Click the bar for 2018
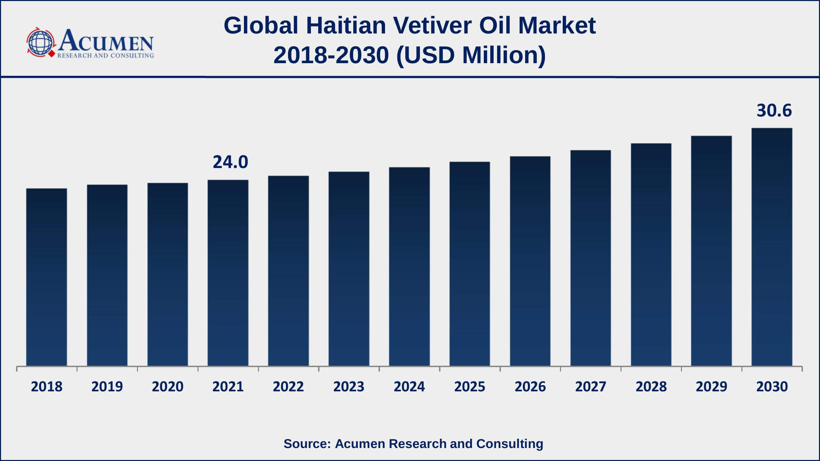(x=46, y=277)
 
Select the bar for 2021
(x=228, y=273)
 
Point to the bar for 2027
(x=590, y=258)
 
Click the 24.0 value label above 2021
(x=230, y=162)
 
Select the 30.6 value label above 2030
(x=774, y=111)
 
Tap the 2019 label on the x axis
(x=107, y=387)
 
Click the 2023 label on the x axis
(x=349, y=387)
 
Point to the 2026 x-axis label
(x=530, y=387)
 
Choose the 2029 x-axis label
(x=711, y=387)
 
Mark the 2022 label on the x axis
(x=288, y=387)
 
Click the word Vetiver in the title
(x=432, y=26)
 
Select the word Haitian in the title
(x=346, y=26)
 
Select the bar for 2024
(x=409, y=266)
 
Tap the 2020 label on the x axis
(x=167, y=387)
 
